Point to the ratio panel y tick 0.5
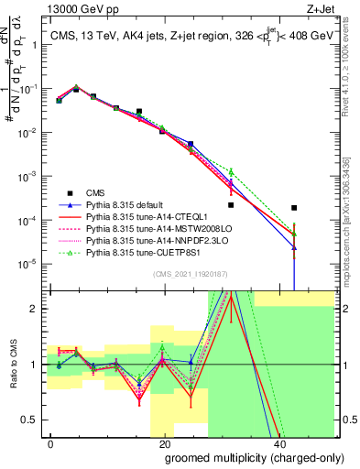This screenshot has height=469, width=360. [35, 420]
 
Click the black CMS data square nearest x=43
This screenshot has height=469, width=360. [293, 208]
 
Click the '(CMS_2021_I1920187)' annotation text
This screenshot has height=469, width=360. [184, 274]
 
